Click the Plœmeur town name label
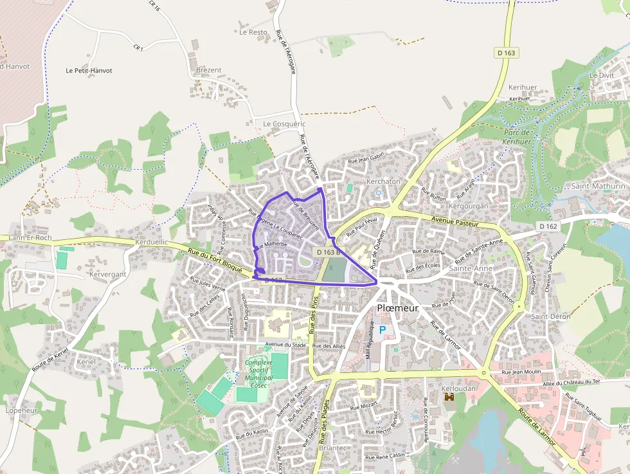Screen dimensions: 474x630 tap(397, 308)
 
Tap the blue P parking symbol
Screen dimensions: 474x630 tap(382, 330)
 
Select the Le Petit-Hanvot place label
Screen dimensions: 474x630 tap(89, 70)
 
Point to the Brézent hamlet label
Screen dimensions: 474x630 tap(208, 70)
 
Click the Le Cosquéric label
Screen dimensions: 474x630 tap(284, 123)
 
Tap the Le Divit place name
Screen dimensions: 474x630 tap(601, 75)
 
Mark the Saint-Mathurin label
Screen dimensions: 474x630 tap(598, 186)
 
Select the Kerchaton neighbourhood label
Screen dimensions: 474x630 tap(382, 182)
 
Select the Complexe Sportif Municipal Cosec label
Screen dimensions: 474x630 tap(259, 374)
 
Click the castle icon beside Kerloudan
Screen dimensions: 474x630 tap(449, 397)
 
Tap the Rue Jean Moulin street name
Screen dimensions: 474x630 tap(521, 372)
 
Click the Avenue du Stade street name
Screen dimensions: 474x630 tap(285, 345)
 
